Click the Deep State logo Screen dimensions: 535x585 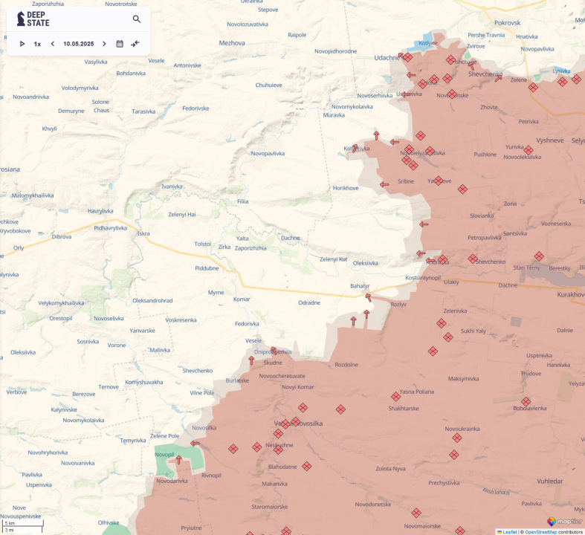(x=33, y=19)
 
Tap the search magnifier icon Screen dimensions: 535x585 (x=137, y=19)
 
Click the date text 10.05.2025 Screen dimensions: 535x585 (x=78, y=44)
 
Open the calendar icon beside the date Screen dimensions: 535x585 (x=120, y=44)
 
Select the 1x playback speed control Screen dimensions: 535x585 (x=37, y=44)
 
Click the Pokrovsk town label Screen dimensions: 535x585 (x=508, y=23)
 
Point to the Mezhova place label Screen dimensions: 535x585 (x=232, y=43)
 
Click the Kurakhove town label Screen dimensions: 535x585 (x=570, y=295)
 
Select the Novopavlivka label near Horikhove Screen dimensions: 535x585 (x=268, y=154)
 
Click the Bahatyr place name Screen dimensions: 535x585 (x=360, y=286)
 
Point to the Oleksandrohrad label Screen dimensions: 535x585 (x=152, y=300)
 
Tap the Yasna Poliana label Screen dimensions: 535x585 (x=416, y=392)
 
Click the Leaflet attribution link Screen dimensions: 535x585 (x=509, y=531)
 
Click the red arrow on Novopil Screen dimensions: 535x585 (x=178, y=460)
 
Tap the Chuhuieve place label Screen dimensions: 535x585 (x=268, y=85)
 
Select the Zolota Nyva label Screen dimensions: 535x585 (x=390, y=468)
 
